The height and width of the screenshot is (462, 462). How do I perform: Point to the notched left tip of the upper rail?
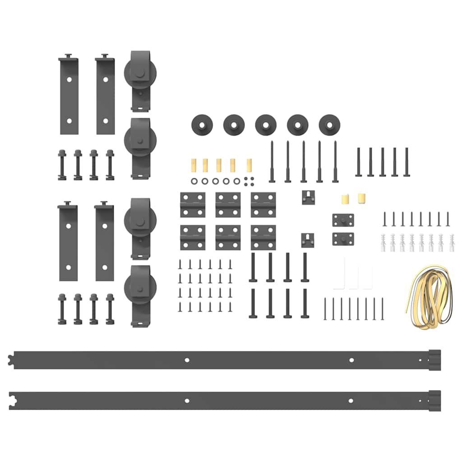11,360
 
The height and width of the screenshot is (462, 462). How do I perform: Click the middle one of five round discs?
266,124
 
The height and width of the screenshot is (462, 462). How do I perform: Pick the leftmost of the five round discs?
202,124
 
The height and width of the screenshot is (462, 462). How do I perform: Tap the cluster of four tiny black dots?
248,180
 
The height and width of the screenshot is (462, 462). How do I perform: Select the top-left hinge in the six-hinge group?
193,204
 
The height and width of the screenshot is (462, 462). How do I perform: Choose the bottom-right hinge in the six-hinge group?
263,237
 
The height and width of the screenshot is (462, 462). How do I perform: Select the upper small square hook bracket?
308,197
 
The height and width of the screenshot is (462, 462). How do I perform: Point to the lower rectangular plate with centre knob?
343,238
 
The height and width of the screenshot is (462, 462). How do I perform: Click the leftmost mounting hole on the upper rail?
187,360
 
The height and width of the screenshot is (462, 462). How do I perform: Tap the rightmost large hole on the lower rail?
351,400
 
